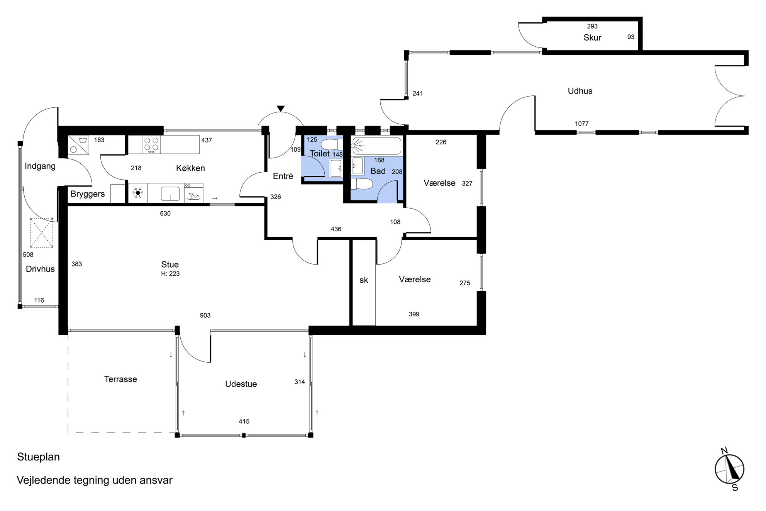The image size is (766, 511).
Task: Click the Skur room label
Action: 592,37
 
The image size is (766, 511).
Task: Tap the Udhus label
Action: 580,91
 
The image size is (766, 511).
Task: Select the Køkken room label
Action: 190,168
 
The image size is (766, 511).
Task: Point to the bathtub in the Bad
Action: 376,146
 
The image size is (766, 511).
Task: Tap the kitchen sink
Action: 170,194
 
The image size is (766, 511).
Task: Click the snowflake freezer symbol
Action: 138,193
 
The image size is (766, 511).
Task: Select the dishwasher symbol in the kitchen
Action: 194,193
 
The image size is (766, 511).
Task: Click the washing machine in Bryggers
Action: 78,145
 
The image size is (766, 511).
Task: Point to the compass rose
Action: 729,469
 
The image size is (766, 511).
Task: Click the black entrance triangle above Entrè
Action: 281,109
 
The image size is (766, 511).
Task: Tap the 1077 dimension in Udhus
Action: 581,124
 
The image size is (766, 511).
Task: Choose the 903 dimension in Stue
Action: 205,315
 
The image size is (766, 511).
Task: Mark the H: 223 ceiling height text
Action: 170,273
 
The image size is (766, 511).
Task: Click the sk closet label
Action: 364,280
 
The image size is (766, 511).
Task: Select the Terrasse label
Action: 120,379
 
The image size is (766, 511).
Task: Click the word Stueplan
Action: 38,457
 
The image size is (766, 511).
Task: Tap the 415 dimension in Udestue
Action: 244,421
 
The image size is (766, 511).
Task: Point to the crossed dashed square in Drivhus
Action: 42,233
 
